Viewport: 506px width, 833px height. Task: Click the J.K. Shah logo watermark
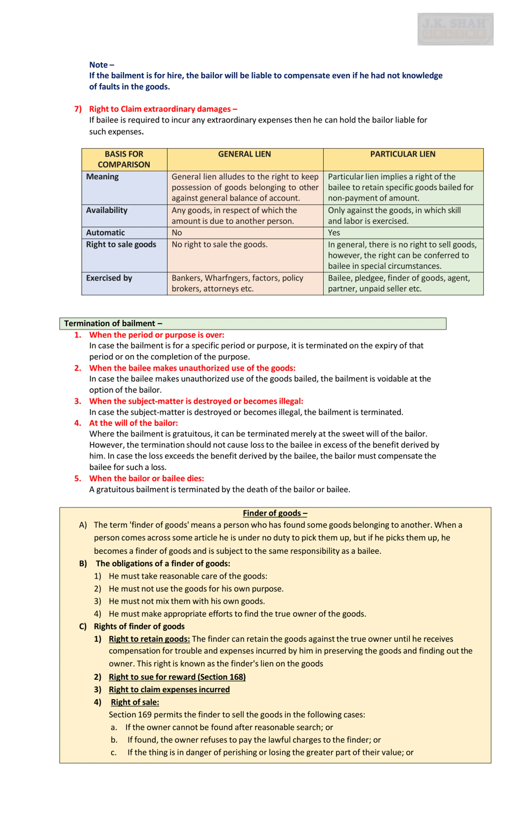(x=455, y=29)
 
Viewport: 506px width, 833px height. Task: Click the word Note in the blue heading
(x=98, y=65)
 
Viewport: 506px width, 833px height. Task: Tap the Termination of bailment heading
(x=113, y=324)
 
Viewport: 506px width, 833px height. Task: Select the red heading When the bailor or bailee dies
(x=146, y=478)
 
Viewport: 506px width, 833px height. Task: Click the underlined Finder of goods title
(x=275, y=513)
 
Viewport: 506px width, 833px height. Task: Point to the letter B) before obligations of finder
(x=83, y=564)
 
